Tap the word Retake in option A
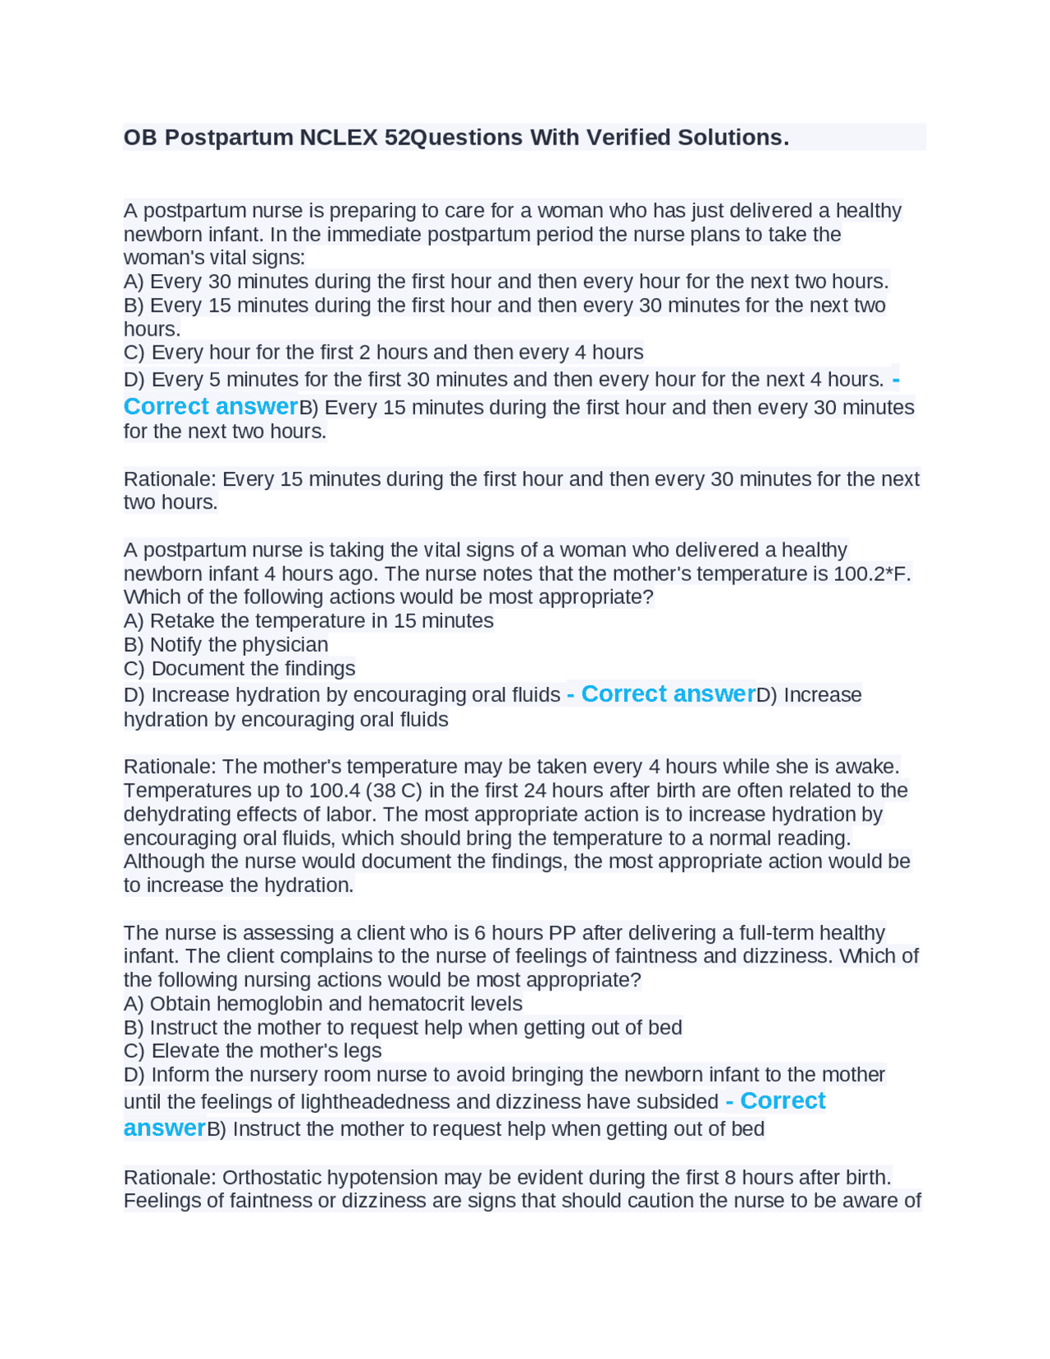click(178, 620)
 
